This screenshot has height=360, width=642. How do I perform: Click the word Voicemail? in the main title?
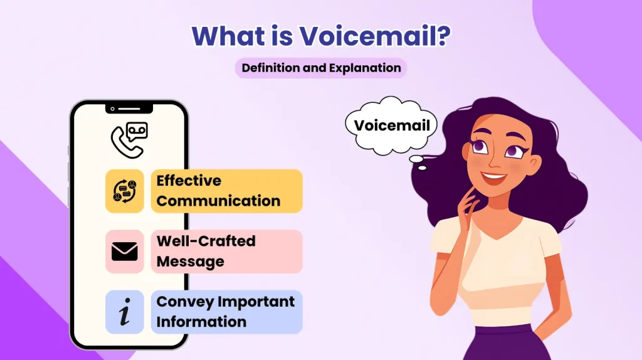376,36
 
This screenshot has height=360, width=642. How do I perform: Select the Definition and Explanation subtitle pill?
321,68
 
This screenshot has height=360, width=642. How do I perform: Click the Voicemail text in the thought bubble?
392,125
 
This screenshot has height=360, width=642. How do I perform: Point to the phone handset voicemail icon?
129,139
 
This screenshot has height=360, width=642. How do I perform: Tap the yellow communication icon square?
124,191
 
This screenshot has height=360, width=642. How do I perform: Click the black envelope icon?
124,251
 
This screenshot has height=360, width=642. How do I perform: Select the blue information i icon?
124,312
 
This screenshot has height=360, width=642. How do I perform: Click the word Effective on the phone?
189,181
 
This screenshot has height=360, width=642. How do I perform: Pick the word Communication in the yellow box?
218,201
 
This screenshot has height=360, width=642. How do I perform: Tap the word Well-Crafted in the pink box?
206,241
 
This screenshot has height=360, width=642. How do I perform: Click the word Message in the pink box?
190,262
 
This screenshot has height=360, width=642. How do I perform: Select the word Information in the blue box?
201,322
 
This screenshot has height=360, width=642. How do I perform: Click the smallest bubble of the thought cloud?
422,167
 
